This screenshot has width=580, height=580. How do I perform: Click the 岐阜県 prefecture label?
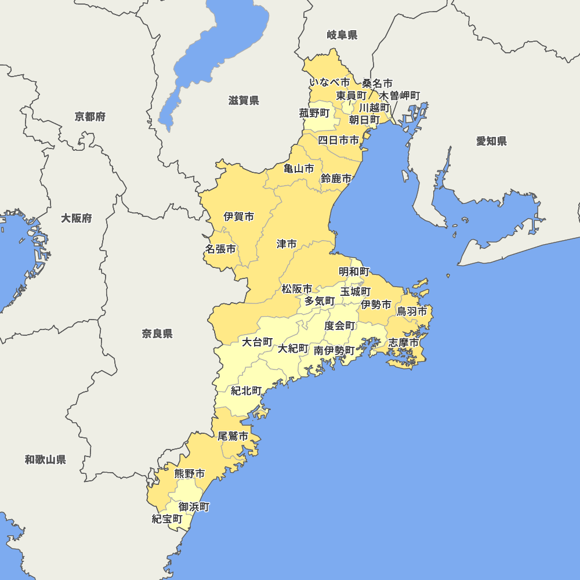click(342, 35)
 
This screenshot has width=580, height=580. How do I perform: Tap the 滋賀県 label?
click(244, 101)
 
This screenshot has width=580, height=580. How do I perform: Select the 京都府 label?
click(90, 117)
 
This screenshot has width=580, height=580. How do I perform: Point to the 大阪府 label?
click(77, 219)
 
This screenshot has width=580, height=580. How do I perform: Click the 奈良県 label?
click(157, 333)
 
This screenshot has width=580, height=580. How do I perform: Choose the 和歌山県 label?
click(45, 460)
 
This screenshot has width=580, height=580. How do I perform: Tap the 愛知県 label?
click(491, 141)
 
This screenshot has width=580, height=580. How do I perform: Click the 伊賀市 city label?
click(239, 217)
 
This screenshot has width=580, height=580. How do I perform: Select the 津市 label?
click(287, 244)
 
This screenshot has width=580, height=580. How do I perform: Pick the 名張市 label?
click(220, 249)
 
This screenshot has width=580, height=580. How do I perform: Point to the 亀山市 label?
click(299, 169)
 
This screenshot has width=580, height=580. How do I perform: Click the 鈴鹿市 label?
click(336, 179)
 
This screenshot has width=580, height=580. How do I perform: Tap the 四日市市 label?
click(339, 140)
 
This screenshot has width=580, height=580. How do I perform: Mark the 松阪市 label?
click(297, 288)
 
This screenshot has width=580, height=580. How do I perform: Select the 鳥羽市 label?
click(412, 311)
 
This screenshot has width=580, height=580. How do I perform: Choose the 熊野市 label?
click(190, 474)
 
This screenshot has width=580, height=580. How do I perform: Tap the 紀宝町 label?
click(167, 519)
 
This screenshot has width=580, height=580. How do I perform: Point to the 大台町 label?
click(257, 342)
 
